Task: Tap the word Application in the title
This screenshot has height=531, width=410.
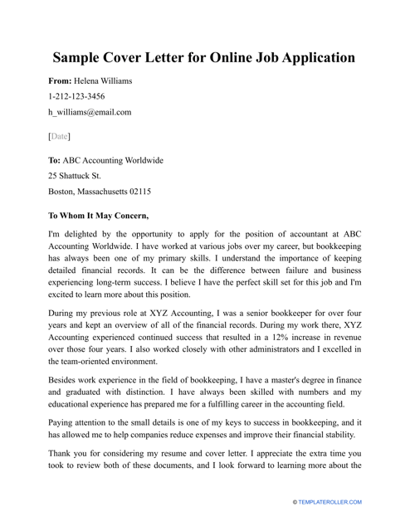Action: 312,58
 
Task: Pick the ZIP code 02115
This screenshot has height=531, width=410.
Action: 134,191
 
